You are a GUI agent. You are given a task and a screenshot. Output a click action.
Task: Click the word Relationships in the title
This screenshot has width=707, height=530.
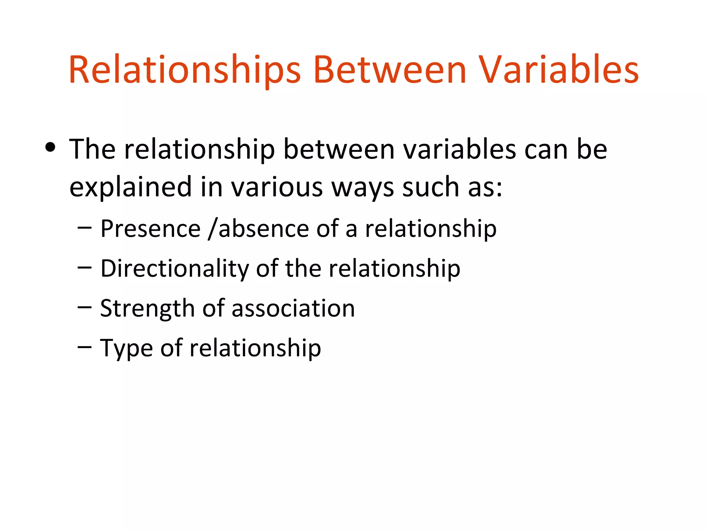(185, 71)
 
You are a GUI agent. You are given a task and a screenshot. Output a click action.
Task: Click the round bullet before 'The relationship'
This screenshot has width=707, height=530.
(50, 148)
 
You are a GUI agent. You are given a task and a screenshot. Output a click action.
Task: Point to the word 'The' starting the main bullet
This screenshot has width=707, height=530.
(92, 149)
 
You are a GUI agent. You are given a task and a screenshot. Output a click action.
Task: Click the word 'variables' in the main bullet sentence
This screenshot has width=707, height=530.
(459, 149)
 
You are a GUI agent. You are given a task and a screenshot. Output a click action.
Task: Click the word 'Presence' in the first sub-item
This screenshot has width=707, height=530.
(151, 229)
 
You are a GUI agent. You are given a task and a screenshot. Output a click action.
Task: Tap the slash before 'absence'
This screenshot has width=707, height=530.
(213, 229)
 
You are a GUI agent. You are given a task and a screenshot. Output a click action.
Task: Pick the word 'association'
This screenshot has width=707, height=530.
(293, 308)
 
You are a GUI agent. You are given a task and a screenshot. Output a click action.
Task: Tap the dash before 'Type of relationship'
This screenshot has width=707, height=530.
(85, 346)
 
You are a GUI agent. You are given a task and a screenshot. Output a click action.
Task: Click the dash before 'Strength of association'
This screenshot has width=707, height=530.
(85, 307)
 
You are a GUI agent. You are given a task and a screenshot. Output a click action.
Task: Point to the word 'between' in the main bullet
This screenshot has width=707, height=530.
(339, 149)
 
